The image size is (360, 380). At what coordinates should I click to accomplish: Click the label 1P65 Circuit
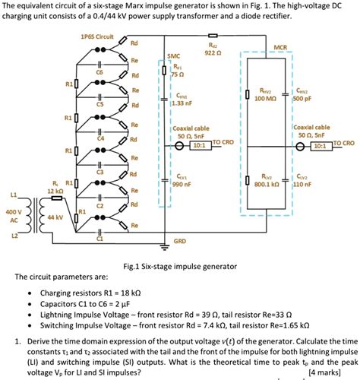click(x=96, y=36)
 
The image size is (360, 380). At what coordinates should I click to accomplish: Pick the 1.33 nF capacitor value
click(x=182, y=103)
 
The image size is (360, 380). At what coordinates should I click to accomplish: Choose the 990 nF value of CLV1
click(x=181, y=184)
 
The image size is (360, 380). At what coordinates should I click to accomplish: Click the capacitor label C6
click(x=99, y=70)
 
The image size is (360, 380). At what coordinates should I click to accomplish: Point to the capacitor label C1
click(x=99, y=239)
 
